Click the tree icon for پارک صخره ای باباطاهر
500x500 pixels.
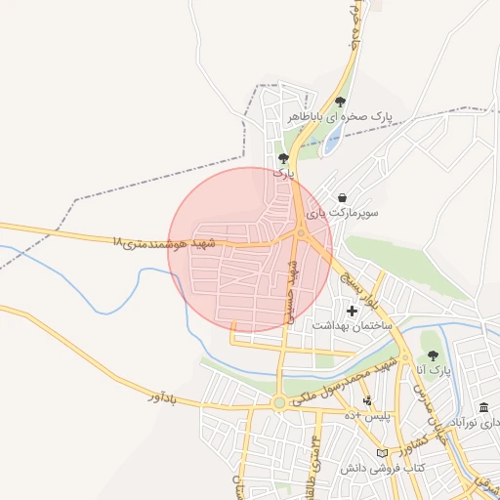click(340, 102)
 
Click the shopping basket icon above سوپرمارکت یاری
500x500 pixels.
click(341, 196)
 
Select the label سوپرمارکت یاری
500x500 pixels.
click(341, 211)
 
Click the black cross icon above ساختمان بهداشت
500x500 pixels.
click(352, 311)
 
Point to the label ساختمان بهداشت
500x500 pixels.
click(352, 324)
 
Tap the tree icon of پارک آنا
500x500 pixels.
click(433, 356)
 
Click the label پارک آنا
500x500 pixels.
click(433, 371)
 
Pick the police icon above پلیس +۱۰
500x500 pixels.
click(367, 401)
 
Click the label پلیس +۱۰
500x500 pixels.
click(367, 416)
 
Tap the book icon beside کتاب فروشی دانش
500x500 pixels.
click(394, 453)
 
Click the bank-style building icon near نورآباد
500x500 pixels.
click(484, 407)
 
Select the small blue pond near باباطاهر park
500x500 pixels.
click(332, 144)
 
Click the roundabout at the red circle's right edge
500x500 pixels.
click(301, 233)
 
